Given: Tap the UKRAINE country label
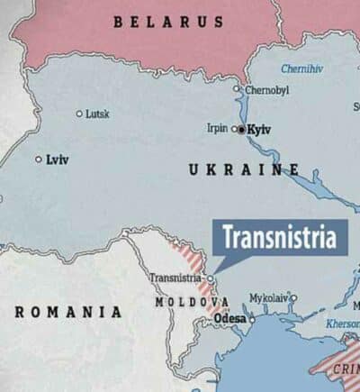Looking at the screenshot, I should [x=244, y=169].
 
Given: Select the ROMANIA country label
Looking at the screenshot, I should [x=68, y=312].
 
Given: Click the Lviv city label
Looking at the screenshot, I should [x=58, y=160].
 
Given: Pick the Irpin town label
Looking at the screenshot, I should [x=217, y=128].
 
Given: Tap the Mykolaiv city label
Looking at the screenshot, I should [x=268, y=297].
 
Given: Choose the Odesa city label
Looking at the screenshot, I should [x=231, y=318].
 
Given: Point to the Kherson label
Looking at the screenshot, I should [x=342, y=324].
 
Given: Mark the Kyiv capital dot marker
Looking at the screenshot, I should [x=241, y=130].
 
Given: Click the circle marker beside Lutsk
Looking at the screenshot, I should [x=79, y=114].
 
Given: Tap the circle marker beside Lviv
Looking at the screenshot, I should [x=38, y=160].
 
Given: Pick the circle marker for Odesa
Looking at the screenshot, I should [x=252, y=318].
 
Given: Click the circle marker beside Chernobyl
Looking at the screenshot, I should [x=238, y=89].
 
